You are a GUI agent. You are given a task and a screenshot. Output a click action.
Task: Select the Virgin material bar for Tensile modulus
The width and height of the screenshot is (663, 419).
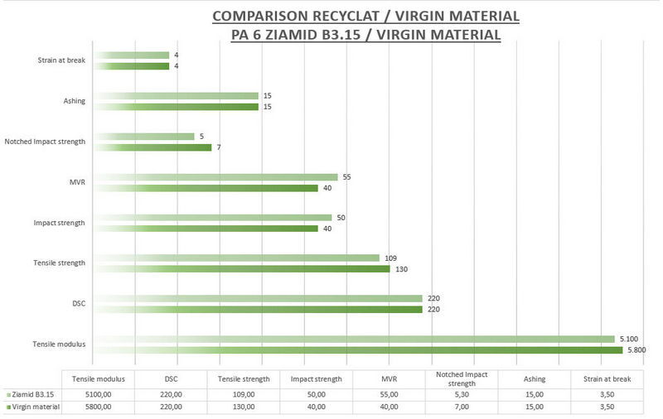click(x=356, y=350)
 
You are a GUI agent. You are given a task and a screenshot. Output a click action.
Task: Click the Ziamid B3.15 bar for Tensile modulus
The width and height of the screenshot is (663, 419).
click(x=352, y=339)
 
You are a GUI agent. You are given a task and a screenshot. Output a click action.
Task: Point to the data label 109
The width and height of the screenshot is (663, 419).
click(x=391, y=258)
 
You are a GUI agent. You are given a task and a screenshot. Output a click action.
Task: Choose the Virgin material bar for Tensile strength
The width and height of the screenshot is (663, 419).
click(x=240, y=269)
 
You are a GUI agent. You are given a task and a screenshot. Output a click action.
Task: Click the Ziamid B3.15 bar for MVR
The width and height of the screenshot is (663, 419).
click(x=215, y=177)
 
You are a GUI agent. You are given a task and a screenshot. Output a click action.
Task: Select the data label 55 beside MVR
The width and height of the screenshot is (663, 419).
click(x=347, y=177)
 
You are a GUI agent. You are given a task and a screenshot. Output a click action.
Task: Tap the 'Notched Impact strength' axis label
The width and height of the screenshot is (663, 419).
click(x=45, y=142)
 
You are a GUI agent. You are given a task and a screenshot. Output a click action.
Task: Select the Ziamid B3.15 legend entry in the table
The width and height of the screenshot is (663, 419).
click(x=34, y=394)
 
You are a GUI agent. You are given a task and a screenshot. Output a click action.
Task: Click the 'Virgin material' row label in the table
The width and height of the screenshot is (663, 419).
click(x=36, y=407)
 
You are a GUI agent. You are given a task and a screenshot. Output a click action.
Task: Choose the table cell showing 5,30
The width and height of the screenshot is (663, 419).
click(x=461, y=394)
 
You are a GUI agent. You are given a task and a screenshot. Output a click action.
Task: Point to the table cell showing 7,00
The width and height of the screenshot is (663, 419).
click(x=461, y=407)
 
